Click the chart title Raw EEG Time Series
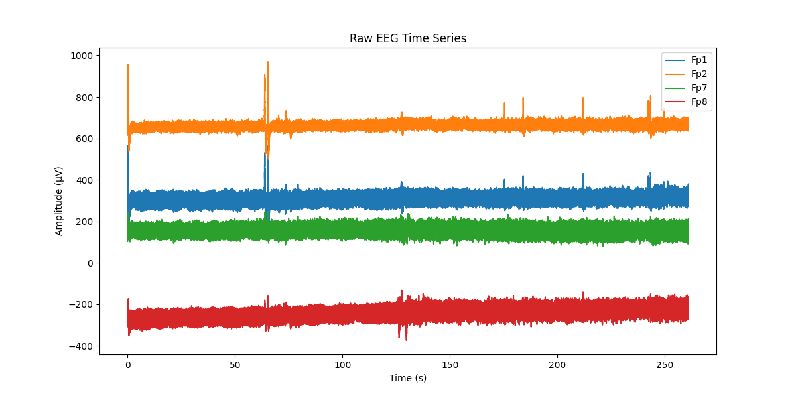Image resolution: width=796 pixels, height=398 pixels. tap(408, 38)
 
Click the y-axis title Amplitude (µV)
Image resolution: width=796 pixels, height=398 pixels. tap(59, 201)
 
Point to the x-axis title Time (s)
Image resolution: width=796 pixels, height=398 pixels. tap(408, 378)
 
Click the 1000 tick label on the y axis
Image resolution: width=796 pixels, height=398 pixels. tap(82, 56)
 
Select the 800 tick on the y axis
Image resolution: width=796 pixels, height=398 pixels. tap(85, 98)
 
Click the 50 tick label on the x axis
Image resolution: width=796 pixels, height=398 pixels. tap(235, 364)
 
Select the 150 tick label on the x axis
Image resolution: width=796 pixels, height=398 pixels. tap(450, 364)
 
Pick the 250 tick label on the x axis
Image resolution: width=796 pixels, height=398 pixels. tap(665, 364)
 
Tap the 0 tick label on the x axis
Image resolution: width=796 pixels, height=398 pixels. tap(127, 364)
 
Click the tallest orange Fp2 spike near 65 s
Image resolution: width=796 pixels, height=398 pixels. tap(268, 63)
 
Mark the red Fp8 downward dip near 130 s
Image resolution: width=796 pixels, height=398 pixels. tap(406, 339)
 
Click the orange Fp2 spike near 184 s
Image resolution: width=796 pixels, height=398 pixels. tap(523, 98)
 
